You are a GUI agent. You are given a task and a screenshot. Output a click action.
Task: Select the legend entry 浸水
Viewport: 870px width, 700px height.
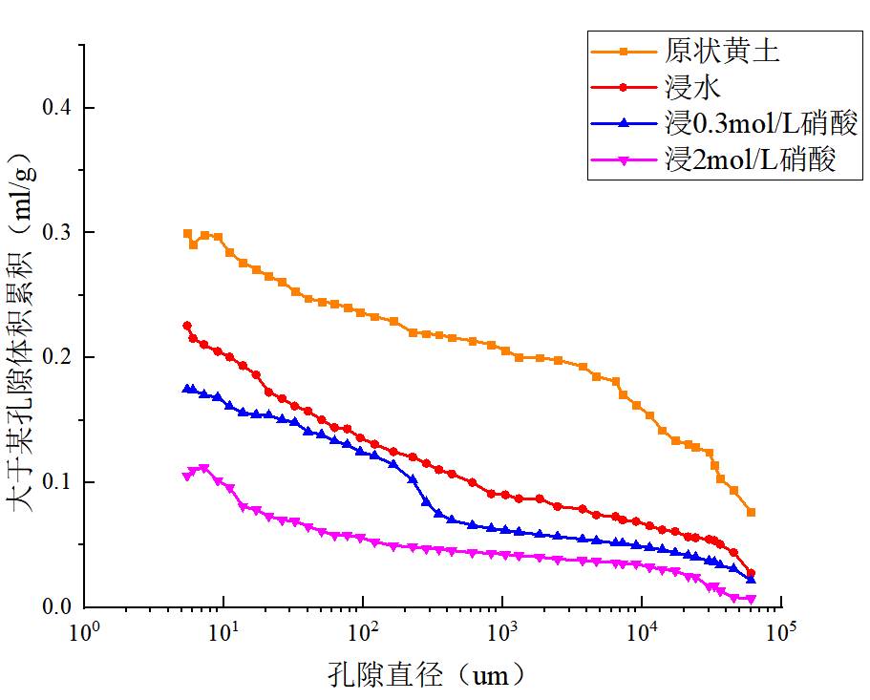[x=691, y=87]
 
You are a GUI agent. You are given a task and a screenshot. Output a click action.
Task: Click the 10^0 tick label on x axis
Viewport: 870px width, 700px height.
[x=84, y=633]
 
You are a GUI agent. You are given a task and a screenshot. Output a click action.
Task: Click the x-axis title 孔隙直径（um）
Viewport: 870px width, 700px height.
[x=426, y=676]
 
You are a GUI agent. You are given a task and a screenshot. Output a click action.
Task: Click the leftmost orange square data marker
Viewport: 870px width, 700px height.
[x=187, y=234]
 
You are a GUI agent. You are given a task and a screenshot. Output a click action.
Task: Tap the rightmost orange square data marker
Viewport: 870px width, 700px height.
[x=751, y=513]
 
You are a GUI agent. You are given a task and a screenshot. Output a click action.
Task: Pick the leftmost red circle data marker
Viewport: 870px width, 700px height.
[x=187, y=326]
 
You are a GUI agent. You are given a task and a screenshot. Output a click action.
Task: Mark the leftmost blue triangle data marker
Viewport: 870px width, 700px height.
[x=187, y=390]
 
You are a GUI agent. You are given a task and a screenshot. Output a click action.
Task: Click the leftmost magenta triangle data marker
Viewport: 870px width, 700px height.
[x=187, y=476]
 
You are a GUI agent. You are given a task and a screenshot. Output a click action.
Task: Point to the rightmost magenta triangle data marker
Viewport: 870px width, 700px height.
[x=751, y=600]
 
